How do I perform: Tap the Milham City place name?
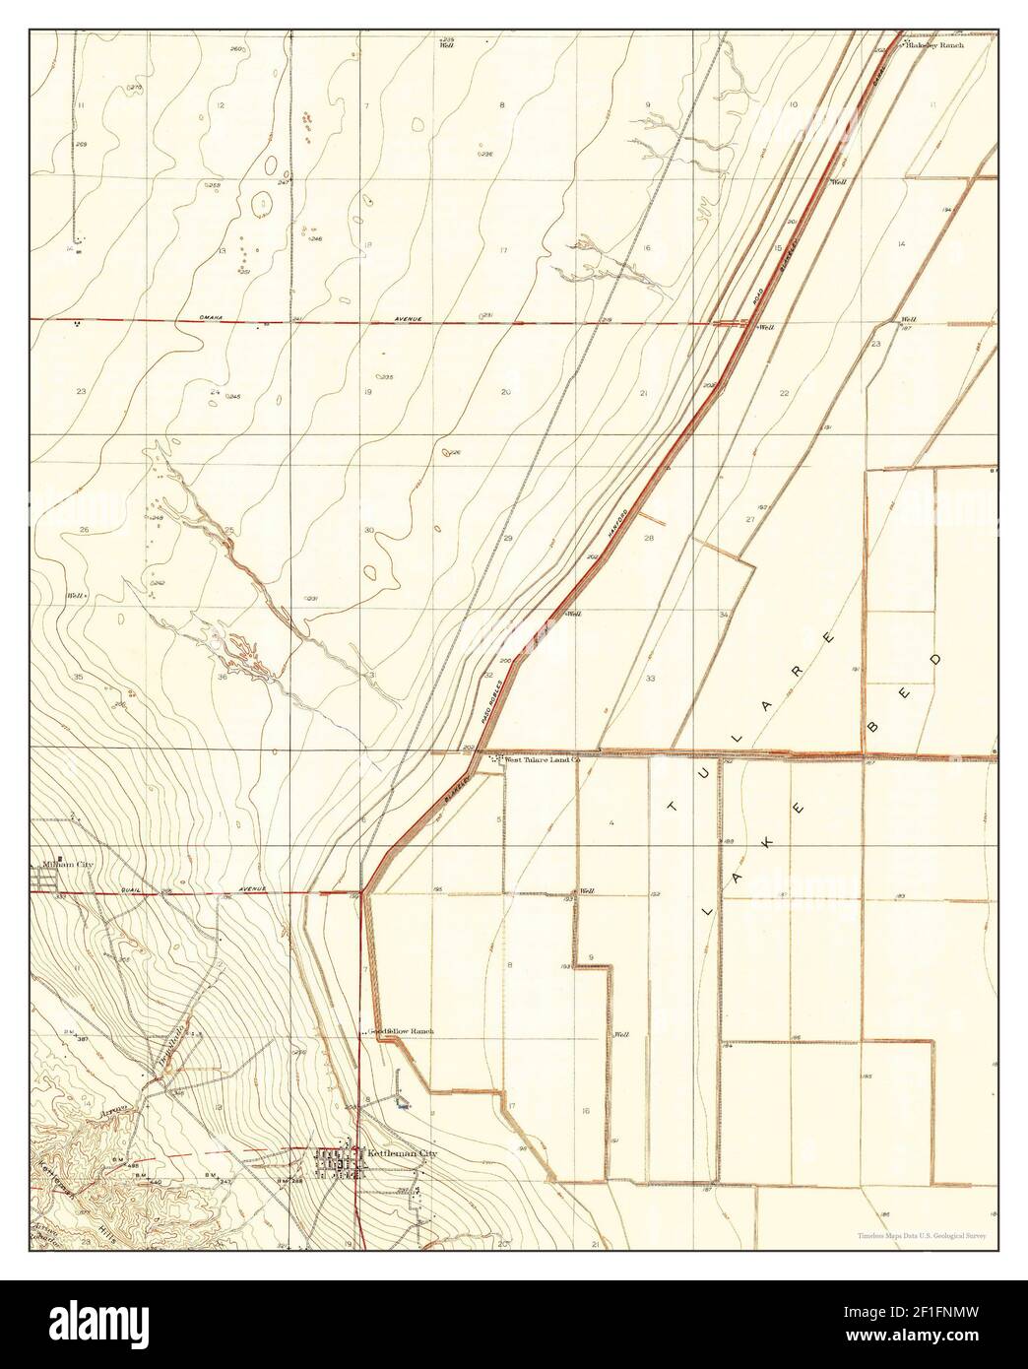coord(67,865)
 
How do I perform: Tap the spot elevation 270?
coord(135,89)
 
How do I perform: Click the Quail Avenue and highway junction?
coord(362,892)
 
